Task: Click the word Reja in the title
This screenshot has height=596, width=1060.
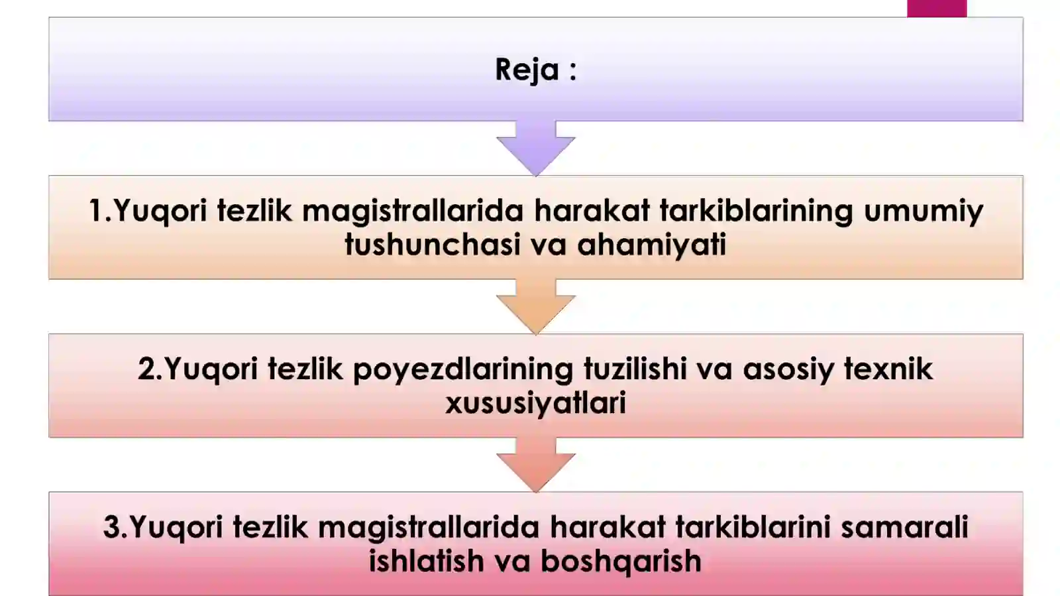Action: [527, 70]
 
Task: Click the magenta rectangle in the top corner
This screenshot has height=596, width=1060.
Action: [936, 8]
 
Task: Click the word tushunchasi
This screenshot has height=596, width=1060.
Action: [432, 245]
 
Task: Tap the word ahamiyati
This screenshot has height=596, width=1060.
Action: [652, 245]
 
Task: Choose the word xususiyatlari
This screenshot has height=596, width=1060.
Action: [535, 403]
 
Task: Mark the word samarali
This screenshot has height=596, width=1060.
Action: [904, 528]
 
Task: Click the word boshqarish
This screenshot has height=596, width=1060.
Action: [621, 562]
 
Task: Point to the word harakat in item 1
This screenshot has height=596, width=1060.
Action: [592, 211]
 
